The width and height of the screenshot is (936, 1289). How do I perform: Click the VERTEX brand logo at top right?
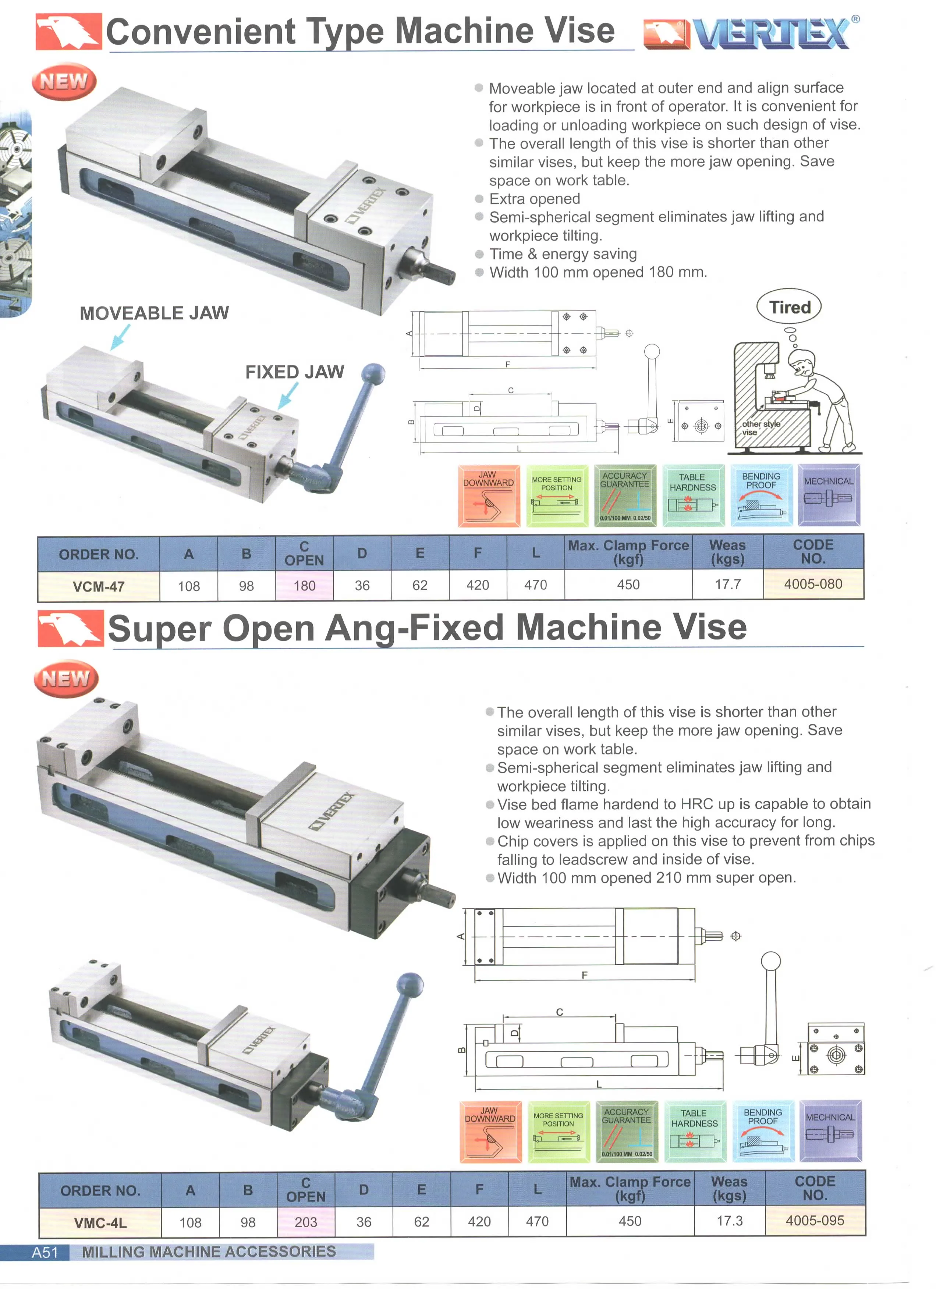(x=750, y=33)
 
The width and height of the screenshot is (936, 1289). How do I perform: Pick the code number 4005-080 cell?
(x=813, y=584)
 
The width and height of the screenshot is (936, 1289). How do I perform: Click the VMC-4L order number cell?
(x=100, y=1222)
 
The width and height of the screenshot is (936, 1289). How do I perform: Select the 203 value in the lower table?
(x=306, y=1222)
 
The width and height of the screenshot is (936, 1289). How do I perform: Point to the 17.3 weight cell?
(x=729, y=1221)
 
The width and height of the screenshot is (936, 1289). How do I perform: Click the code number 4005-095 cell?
(x=814, y=1220)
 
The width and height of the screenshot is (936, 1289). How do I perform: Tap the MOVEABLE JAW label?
(x=154, y=313)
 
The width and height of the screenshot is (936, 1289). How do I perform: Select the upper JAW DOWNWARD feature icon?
(x=489, y=496)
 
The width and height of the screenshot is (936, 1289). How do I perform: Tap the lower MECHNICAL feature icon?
(x=830, y=1131)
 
